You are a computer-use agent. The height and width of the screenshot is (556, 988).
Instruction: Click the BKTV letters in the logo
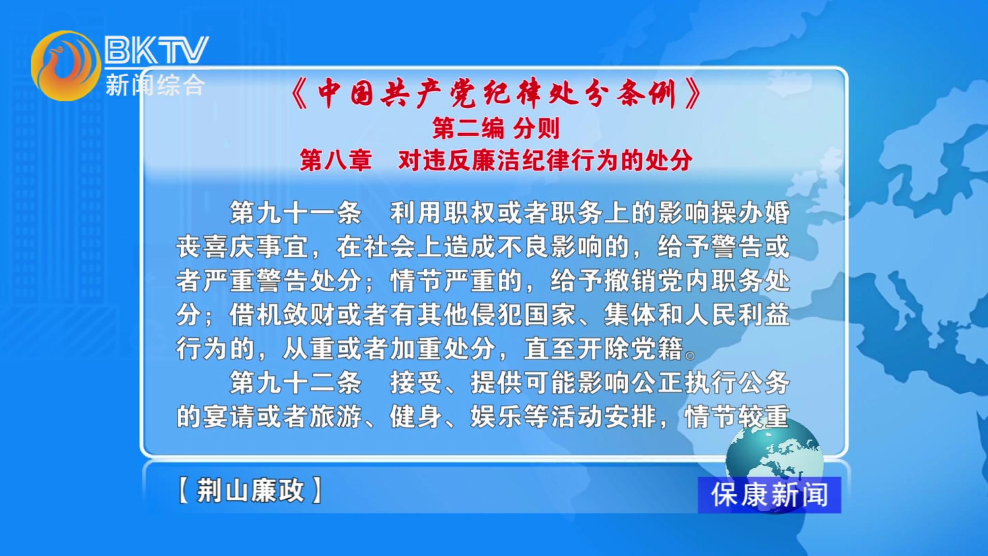point(156,49)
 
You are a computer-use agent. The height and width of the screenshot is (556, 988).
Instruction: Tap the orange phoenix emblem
point(66,65)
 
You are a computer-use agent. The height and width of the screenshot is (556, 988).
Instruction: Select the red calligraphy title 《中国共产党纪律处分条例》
point(496,93)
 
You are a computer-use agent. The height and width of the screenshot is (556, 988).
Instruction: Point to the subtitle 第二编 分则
point(496,128)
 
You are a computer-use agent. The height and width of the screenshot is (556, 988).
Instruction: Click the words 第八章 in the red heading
point(336,160)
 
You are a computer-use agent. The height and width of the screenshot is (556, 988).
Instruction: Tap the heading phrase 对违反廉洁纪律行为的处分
point(545,160)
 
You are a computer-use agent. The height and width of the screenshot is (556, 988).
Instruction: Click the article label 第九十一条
point(295,213)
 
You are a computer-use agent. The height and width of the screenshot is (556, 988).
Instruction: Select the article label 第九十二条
point(295,383)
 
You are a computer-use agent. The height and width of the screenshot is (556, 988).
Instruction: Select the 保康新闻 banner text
point(769,495)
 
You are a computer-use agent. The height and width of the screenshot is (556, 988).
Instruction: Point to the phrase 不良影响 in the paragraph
point(551,247)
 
